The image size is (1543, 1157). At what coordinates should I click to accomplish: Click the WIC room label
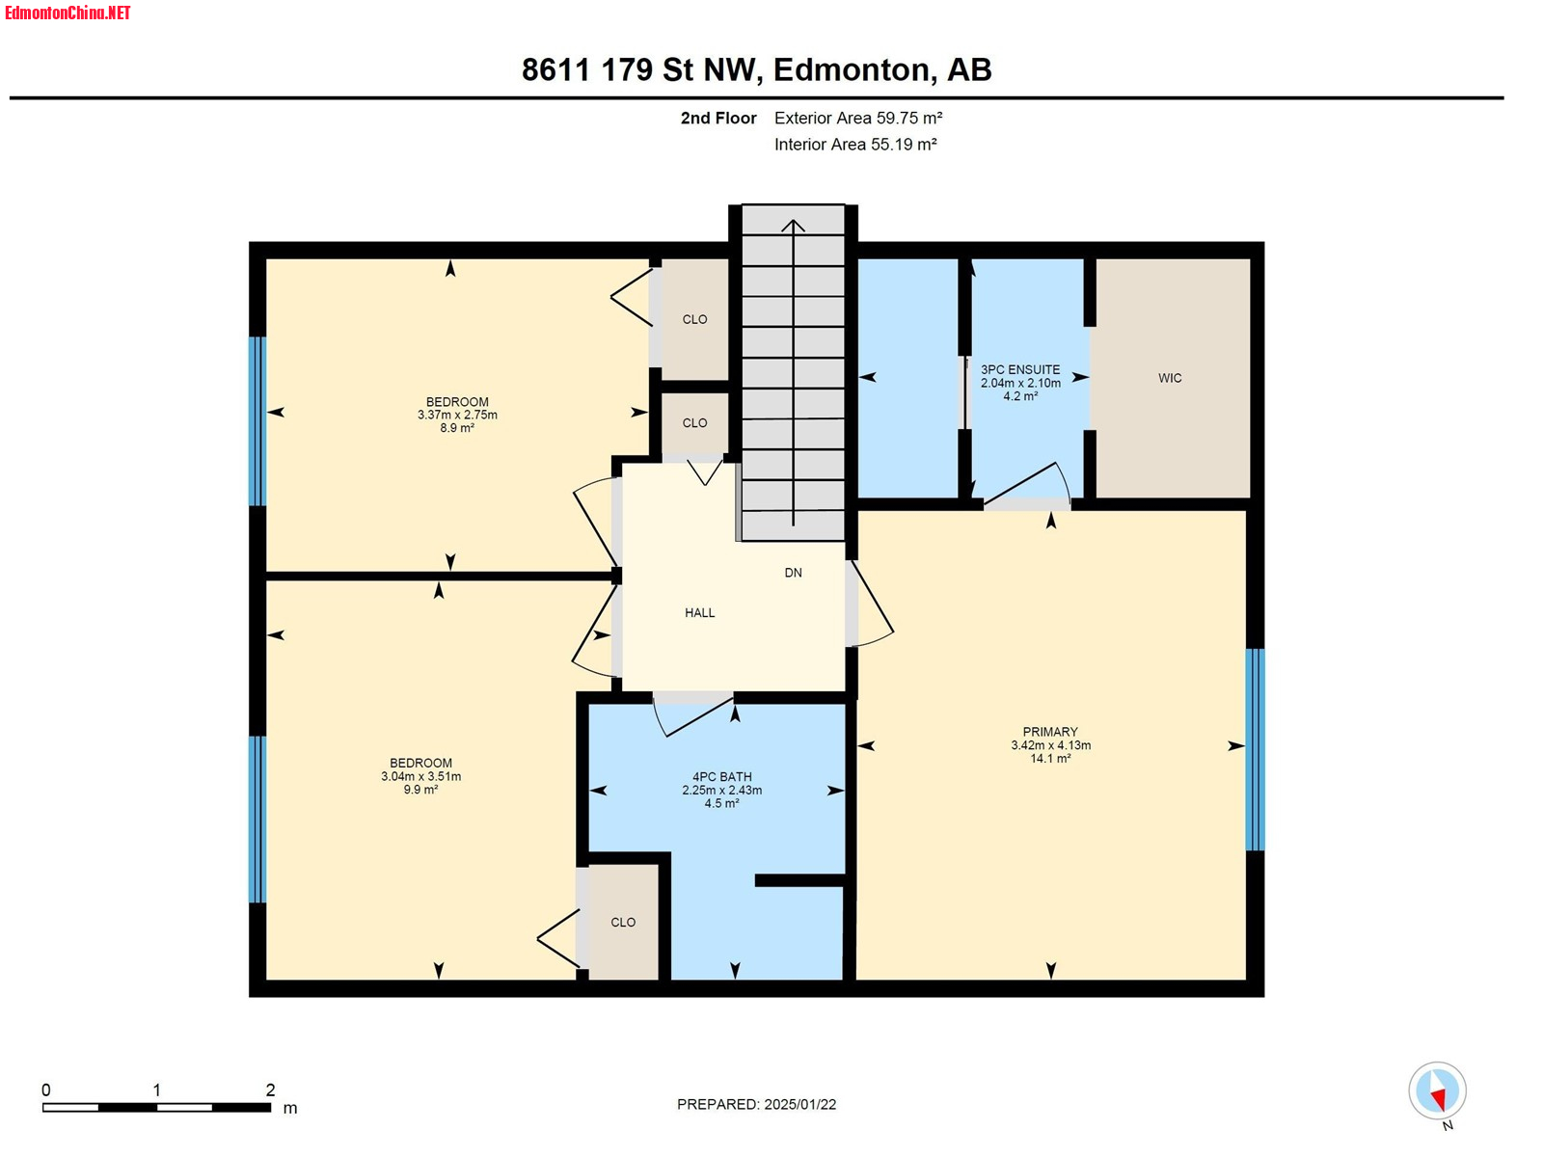(1169, 378)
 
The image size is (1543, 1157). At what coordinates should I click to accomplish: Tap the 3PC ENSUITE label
(1020, 369)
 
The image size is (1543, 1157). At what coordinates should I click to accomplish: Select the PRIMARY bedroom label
(1049, 732)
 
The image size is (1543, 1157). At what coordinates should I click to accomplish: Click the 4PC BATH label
(721, 777)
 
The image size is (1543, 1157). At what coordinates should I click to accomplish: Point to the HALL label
(699, 612)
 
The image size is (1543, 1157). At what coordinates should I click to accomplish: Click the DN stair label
(793, 573)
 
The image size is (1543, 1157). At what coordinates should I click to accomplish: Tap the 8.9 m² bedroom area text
(457, 428)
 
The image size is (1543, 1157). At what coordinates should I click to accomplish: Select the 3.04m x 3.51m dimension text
(421, 776)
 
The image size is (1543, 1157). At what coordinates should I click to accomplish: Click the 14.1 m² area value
(1050, 759)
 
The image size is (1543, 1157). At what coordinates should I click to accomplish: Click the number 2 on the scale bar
(270, 1090)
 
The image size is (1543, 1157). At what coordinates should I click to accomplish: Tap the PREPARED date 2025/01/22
(800, 1104)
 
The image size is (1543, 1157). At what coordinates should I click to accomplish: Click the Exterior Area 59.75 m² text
(857, 118)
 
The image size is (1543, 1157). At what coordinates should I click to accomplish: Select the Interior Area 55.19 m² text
(854, 144)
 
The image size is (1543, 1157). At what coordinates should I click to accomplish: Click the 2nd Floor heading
(717, 118)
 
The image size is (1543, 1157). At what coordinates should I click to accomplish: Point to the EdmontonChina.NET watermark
(68, 13)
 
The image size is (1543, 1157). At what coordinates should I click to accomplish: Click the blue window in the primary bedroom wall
(1254, 749)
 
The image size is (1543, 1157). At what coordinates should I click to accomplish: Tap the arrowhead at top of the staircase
(793, 225)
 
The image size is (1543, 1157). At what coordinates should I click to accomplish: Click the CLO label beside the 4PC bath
(623, 923)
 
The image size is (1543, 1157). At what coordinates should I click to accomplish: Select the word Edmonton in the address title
(854, 69)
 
